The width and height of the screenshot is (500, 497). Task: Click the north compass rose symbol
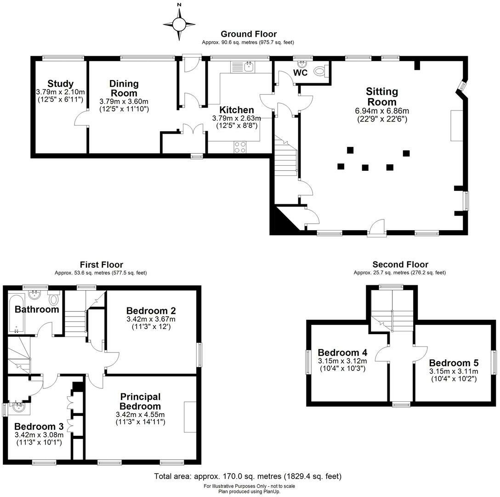(179, 23)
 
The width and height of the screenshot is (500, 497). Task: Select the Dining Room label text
(124, 88)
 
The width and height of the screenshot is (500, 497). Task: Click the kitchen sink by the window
(249, 67)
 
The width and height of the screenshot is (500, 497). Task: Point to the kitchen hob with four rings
(240, 147)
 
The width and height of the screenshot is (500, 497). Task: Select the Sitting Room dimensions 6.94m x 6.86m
(382, 111)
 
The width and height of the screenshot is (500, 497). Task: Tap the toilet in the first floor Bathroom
(54, 300)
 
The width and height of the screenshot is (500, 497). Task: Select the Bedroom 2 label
(151, 311)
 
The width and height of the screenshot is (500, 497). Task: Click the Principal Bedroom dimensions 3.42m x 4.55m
(140, 415)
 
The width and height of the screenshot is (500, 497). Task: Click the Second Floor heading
(400, 265)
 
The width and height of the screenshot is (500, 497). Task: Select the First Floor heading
(101, 265)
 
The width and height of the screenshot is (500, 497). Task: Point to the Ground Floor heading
(248, 34)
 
